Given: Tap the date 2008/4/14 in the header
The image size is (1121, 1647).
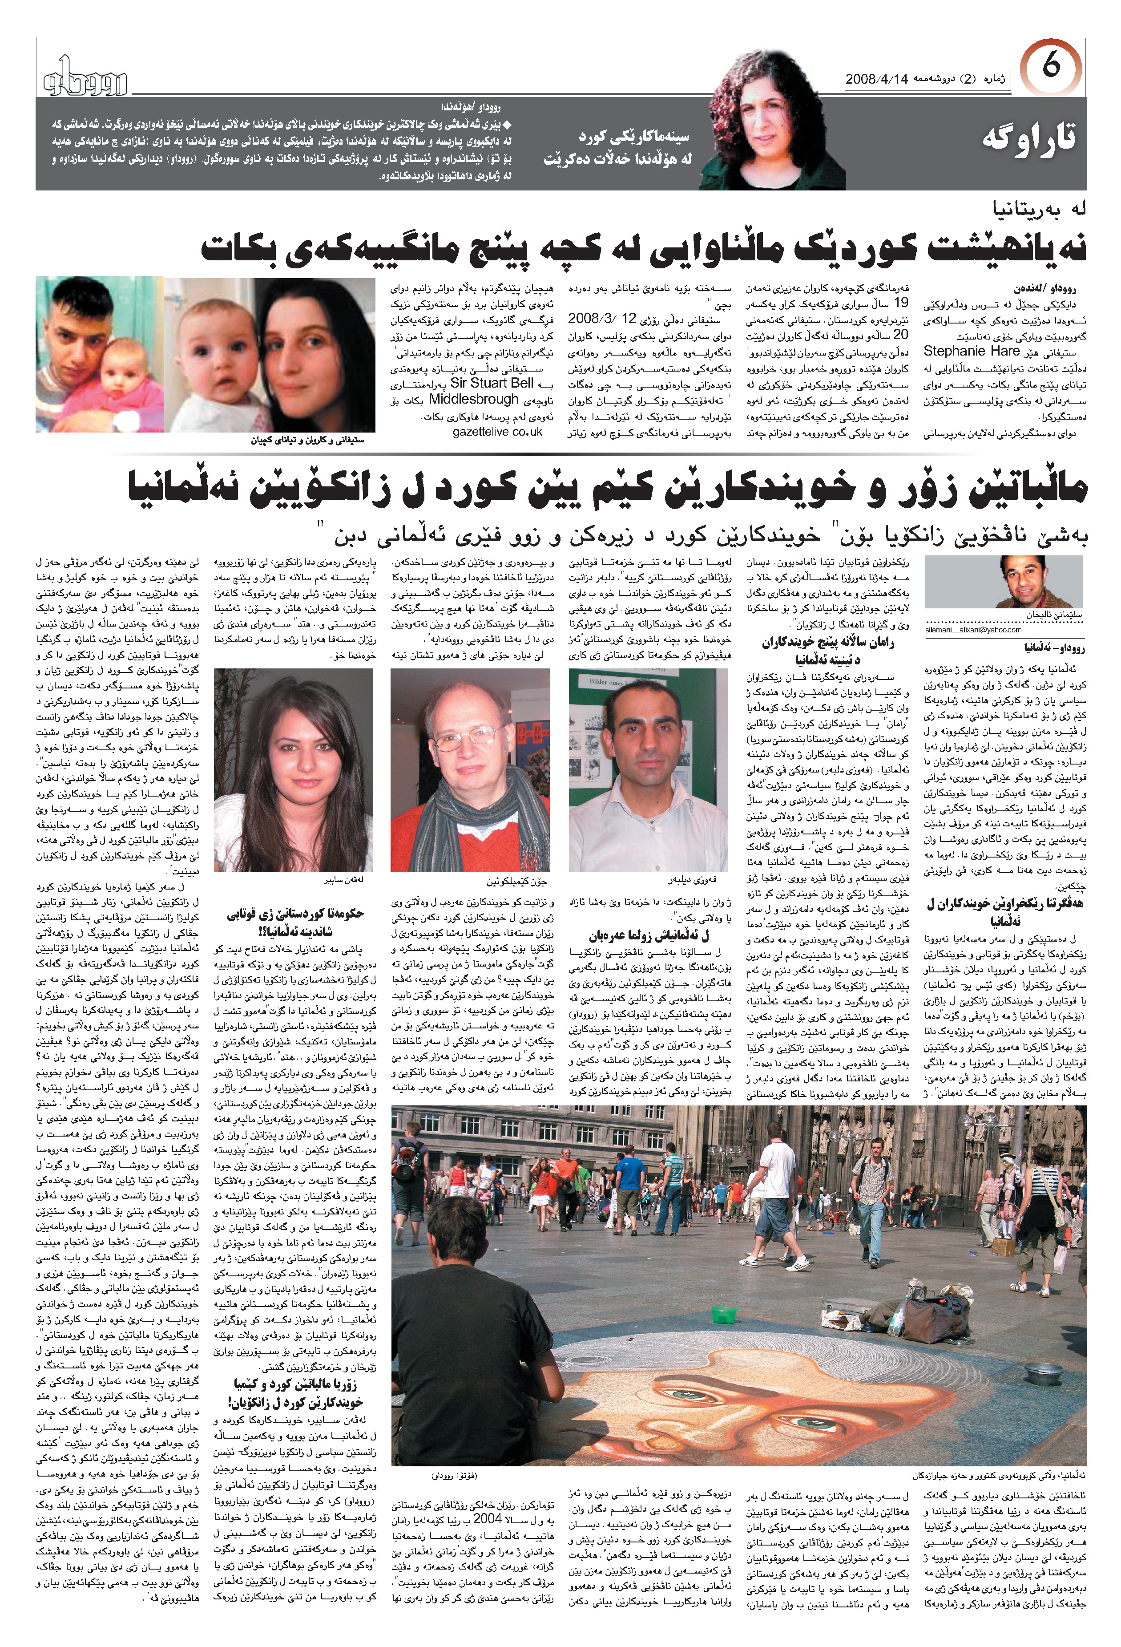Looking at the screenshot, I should click(x=876, y=79).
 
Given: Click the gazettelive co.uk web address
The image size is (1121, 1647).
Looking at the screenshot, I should click(x=497, y=432).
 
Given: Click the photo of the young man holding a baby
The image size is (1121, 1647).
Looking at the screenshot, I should click(x=99, y=354).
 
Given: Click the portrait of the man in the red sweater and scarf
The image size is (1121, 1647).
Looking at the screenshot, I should click(x=470, y=769).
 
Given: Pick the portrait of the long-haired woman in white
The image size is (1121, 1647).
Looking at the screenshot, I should click(x=293, y=769).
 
